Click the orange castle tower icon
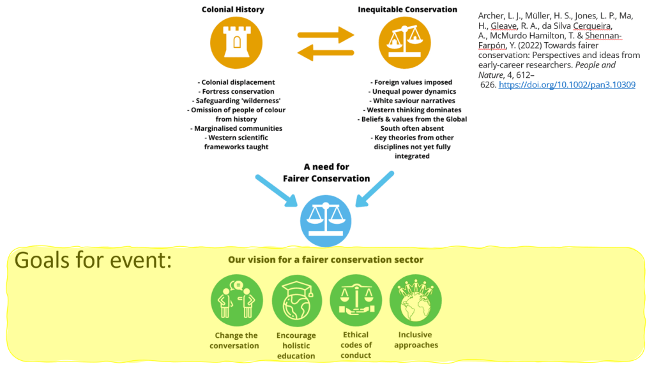[x=237, y=42]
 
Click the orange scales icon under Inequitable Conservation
[x=405, y=42]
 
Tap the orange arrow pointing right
[x=326, y=34]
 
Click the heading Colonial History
[x=233, y=10]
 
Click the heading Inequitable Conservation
[x=407, y=10]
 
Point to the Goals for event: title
[x=93, y=261]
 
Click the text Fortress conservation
[x=236, y=92]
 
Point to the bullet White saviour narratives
[x=414, y=101]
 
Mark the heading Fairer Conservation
[x=326, y=179]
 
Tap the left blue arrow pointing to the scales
[x=277, y=189]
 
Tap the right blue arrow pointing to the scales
[x=377, y=188]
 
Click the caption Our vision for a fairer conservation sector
[x=326, y=260]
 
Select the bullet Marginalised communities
[x=238, y=128]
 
